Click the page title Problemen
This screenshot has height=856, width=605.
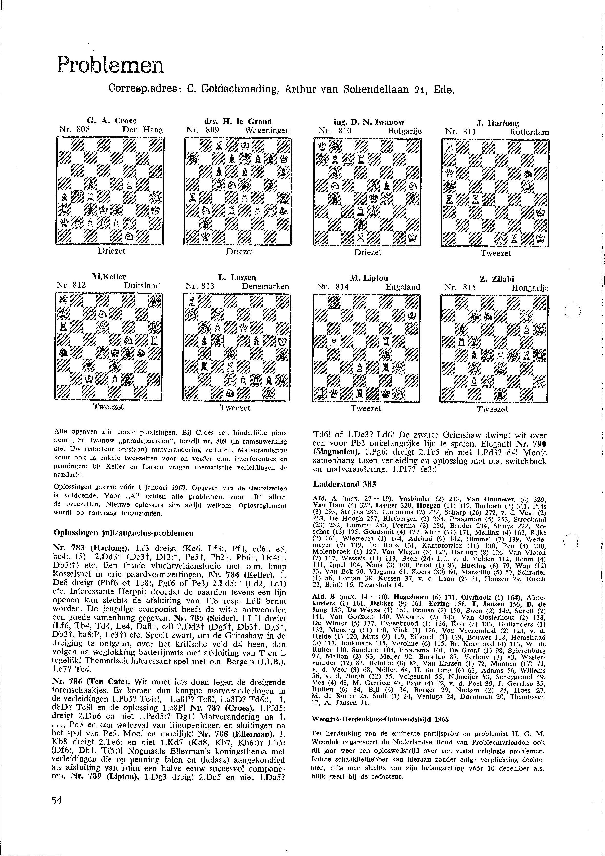pos(110,65)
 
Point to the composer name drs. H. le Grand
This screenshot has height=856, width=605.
pos(238,121)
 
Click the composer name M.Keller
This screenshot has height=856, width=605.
pos(109,277)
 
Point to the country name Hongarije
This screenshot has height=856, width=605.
pos(530,288)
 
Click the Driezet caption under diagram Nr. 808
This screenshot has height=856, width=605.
pos(111,251)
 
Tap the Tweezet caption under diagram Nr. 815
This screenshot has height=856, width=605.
pos(493,409)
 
